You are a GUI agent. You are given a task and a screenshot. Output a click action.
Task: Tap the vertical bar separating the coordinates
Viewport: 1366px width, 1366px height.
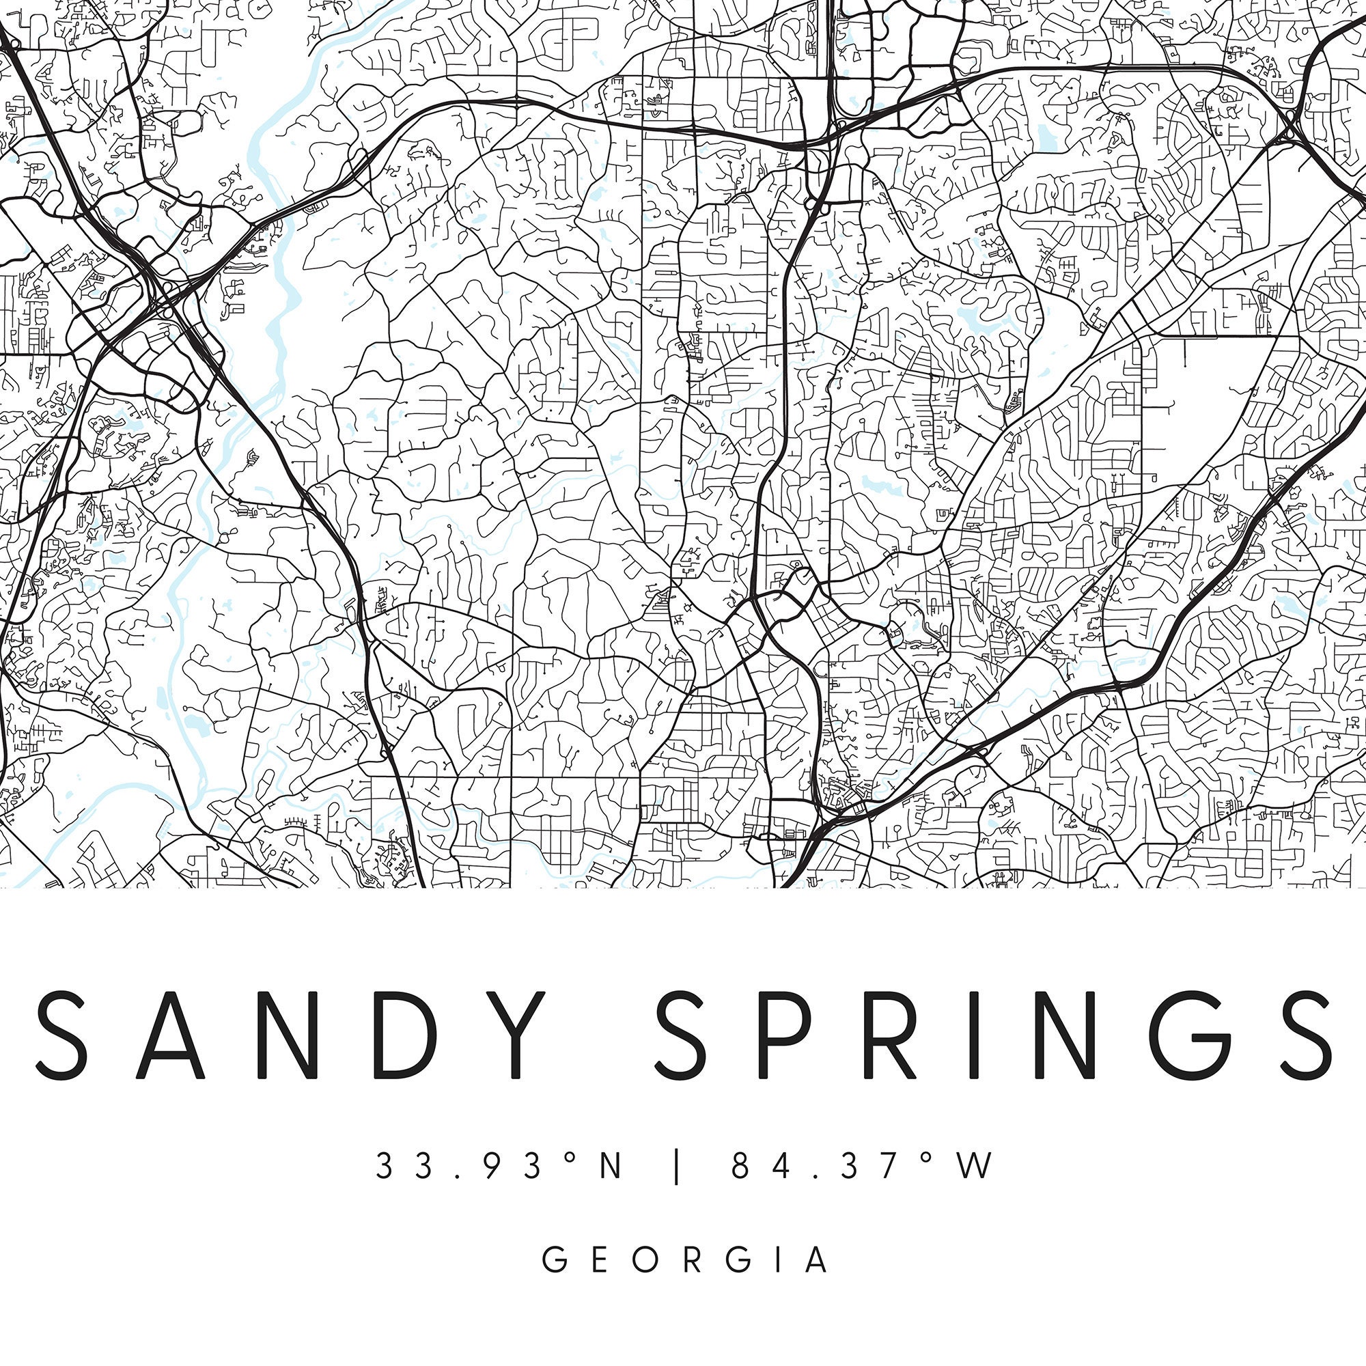tap(678, 1167)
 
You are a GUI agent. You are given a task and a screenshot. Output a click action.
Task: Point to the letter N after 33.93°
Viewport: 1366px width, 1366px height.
tap(611, 1166)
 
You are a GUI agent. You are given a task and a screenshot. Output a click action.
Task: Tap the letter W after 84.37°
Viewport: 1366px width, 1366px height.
tap(976, 1166)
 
